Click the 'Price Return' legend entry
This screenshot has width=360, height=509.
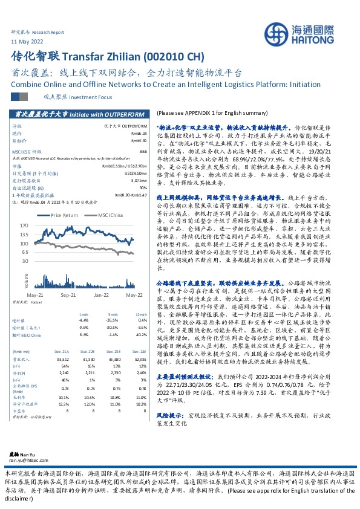(x=65, y=215)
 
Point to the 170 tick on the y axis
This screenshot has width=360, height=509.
(x=41, y=224)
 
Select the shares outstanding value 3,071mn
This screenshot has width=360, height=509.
(x=139, y=180)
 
